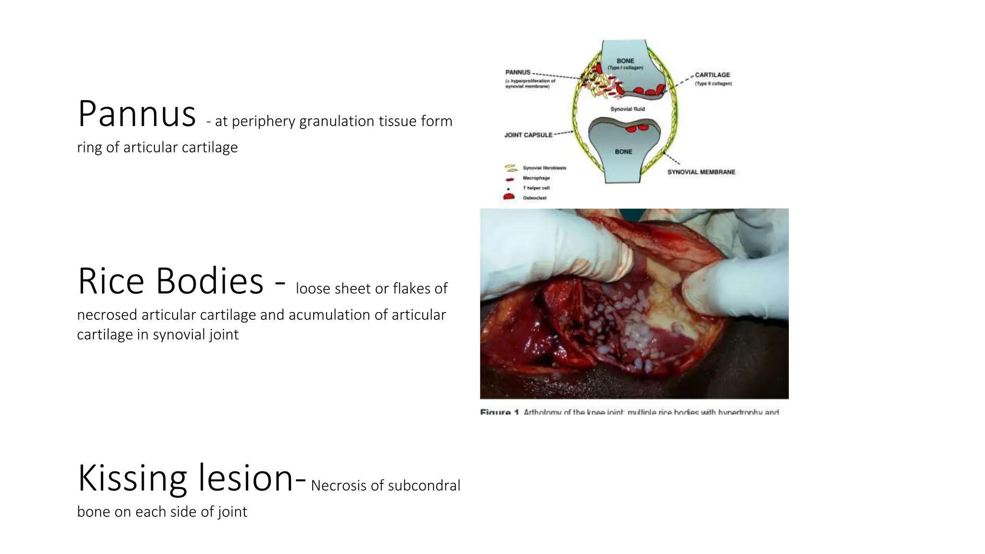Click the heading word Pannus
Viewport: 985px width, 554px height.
tap(137, 114)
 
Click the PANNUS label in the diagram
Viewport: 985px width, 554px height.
tap(518, 72)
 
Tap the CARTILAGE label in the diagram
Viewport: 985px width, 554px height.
tap(712, 75)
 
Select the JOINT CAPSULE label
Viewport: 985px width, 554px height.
tap(528, 135)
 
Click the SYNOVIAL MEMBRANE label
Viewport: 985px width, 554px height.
tap(701, 172)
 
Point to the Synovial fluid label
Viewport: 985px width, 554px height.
tap(627, 109)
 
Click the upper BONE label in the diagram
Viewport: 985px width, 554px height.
tap(625, 61)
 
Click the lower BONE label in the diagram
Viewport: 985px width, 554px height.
tap(623, 152)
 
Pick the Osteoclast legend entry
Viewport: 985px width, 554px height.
tap(534, 198)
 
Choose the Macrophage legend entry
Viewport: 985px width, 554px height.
tap(536, 178)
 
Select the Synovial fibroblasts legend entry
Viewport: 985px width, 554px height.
tap(544, 168)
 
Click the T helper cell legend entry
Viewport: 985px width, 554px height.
tap(536, 188)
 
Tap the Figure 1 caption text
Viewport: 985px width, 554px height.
tap(629, 412)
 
